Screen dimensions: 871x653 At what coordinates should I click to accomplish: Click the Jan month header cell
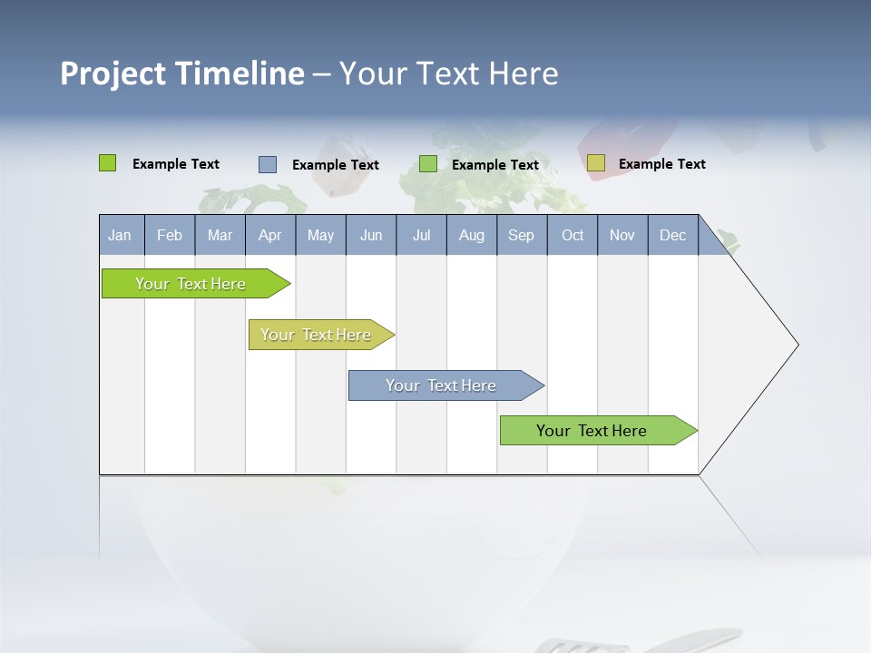(120, 235)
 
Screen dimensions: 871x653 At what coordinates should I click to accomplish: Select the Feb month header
(170, 235)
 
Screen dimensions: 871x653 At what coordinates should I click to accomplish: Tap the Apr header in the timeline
(269, 235)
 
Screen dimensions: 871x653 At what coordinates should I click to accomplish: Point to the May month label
(320, 235)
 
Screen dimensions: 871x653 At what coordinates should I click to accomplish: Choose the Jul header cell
(421, 235)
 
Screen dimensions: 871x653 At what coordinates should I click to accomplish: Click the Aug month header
(472, 235)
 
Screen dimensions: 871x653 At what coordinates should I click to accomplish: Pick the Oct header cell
(573, 235)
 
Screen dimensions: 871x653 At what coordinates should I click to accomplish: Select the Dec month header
(672, 235)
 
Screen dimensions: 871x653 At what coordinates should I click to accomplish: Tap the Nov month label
(622, 235)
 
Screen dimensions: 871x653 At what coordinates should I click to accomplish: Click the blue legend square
(267, 164)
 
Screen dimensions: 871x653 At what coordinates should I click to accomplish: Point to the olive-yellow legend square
(595, 163)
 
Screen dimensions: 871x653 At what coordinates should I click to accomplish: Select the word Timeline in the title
(240, 73)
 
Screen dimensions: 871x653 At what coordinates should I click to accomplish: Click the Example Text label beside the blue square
(336, 165)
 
